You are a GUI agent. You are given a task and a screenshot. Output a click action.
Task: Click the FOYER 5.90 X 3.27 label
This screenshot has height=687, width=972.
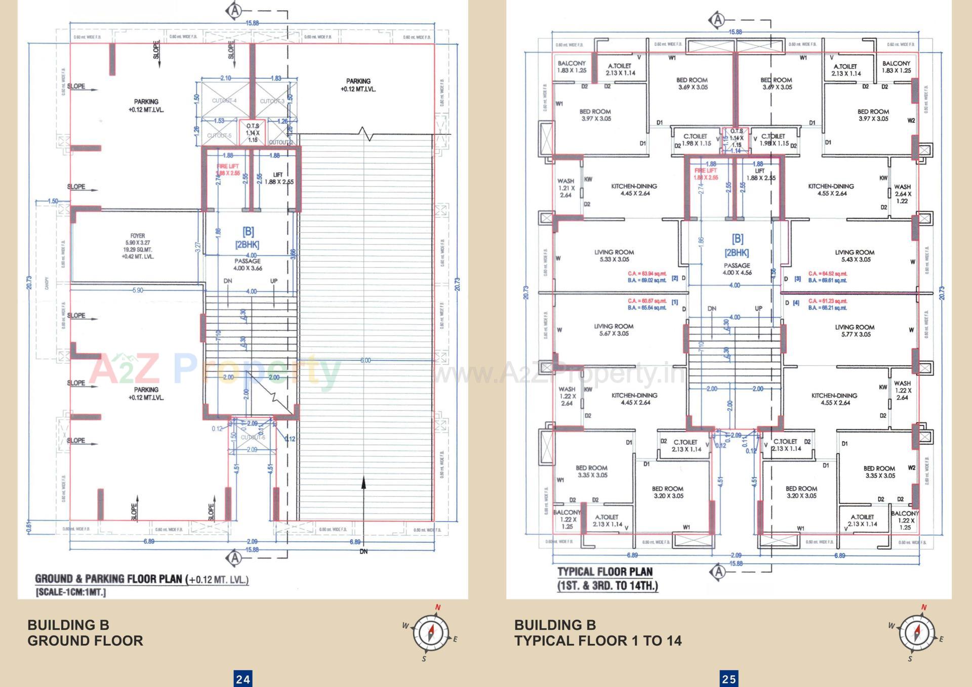click(x=137, y=246)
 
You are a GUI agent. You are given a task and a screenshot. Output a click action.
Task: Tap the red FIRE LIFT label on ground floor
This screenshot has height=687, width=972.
click(x=227, y=169)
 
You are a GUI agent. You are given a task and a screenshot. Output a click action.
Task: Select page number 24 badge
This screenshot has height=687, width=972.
click(x=243, y=679)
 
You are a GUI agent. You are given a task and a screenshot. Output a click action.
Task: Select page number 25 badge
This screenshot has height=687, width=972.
click(x=729, y=679)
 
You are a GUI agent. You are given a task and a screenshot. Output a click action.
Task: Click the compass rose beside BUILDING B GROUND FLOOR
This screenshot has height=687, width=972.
click(x=431, y=632)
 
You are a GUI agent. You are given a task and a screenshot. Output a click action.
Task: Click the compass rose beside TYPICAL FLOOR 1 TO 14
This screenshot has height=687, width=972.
click(x=917, y=632)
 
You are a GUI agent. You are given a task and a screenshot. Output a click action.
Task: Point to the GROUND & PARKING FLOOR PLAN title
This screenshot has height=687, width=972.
click(x=141, y=579)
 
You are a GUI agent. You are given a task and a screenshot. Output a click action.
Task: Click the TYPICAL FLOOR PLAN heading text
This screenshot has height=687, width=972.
click(x=605, y=572)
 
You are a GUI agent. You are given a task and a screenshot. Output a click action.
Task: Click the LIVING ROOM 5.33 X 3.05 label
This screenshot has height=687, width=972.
click(x=614, y=255)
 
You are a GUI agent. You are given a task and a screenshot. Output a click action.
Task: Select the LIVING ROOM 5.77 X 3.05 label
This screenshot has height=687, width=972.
click(x=855, y=330)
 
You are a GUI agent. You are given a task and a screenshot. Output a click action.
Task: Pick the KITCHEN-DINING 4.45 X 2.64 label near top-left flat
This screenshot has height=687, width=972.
click(x=634, y=190)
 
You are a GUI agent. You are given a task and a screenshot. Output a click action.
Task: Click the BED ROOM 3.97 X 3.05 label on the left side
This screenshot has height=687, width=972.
click(x=595, y=115)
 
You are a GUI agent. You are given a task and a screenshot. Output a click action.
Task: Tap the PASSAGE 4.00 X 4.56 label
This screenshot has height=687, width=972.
click(x=737, y=269)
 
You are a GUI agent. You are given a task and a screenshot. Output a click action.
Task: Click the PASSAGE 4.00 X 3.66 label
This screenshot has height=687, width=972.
click(x=248, y=265)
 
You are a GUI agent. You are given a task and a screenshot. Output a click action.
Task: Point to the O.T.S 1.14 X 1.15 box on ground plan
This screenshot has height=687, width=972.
click(x=252, y=133)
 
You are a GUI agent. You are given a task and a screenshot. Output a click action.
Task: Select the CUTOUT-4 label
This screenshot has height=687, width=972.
click(x=224, y=101)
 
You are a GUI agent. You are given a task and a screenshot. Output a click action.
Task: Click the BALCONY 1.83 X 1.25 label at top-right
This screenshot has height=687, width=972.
click(x=896, y=67)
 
